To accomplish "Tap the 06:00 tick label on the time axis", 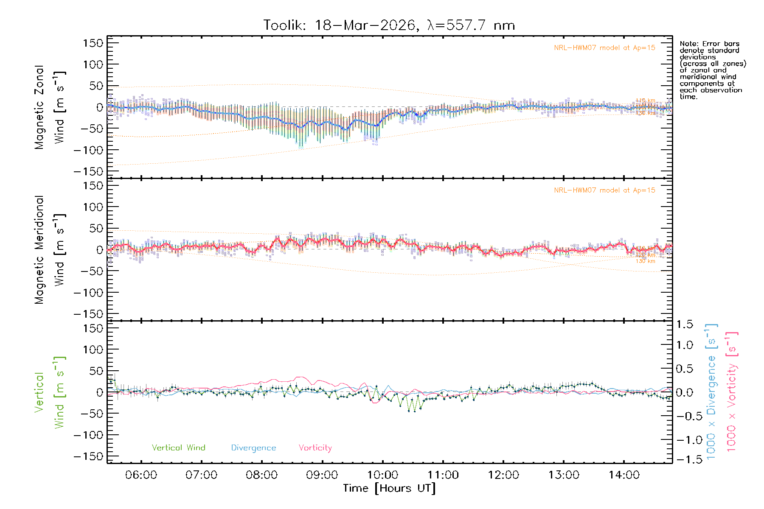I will click(141, 475).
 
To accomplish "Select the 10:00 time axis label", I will click(382, 475).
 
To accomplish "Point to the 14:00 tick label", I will click(624, 475).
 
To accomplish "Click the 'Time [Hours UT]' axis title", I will click(389, 489).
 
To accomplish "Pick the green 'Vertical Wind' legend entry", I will click(178, 448).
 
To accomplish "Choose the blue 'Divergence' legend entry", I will click(253, 448).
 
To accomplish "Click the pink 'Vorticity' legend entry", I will click(315, 448).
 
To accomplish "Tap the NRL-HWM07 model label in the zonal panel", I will click(604, 48).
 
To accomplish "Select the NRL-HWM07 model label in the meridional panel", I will click(604, 190).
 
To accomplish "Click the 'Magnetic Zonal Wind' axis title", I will click(50, 107).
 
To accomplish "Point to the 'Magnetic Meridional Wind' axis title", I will click(50, 249).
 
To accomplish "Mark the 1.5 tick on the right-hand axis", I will click(684, 324).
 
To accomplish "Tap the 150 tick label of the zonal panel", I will click(93, 43).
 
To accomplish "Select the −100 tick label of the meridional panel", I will click(88, 293).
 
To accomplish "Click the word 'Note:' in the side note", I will click(688, 44).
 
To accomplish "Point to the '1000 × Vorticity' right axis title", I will click(732, 392).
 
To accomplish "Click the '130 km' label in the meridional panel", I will click(645, 261).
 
